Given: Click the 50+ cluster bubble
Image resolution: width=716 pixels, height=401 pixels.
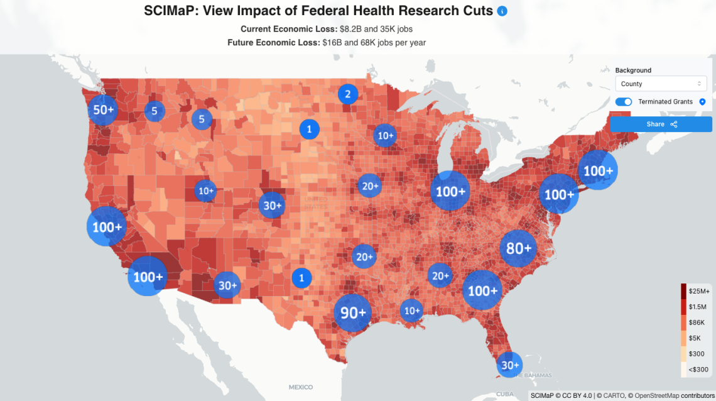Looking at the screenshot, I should [104, 110].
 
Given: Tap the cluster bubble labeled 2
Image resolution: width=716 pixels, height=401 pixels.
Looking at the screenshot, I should [347, 94].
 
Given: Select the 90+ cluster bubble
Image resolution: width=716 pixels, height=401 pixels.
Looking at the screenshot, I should [353, 312].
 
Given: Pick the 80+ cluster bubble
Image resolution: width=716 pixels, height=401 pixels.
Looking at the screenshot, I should [519, 249].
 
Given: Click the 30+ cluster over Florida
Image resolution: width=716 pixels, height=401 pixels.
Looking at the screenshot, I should [509, 365].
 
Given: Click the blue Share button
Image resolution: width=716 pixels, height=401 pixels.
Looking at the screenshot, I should [661, 124].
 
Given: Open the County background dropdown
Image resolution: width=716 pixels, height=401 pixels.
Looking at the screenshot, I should [661, 84].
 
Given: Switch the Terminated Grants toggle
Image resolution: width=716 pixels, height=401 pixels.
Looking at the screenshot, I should [624, 102].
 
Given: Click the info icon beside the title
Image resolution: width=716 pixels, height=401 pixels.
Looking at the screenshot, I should [502, 11].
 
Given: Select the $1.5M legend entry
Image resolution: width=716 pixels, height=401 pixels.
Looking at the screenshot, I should [698, 307].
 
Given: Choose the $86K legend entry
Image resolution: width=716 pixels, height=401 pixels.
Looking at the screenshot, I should [697, 322].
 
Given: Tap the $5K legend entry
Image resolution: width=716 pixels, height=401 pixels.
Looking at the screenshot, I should [696, 338].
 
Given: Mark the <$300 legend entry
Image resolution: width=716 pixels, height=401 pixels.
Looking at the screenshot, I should [697, 370].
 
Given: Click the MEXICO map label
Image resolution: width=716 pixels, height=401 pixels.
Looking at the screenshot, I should [300, 387].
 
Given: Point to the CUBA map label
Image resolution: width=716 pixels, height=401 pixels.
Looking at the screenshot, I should [504, 394].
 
